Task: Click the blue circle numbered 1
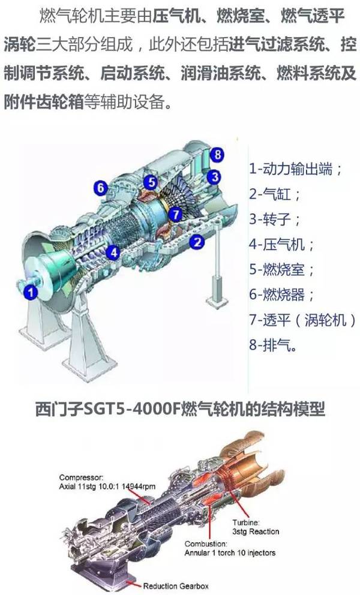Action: (31, 292)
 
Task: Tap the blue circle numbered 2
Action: (197, 242)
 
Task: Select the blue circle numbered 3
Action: (215, 177)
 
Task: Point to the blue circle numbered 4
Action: (113, 252)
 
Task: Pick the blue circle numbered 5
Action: (151, 182)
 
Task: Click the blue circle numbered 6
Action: (101, 188)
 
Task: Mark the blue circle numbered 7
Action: (175, 214)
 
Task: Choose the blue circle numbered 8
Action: (217, 154)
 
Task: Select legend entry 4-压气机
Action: (277, 244)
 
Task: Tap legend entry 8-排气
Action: (268, 345)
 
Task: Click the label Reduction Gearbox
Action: (175, 586)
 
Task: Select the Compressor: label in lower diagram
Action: (81, 477)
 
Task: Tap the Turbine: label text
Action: (246, 522)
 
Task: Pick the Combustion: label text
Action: (206, 544)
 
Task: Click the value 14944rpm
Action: (138, 486)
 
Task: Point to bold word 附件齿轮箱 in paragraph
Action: (44, 102)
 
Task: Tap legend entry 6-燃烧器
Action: (277, 295)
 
